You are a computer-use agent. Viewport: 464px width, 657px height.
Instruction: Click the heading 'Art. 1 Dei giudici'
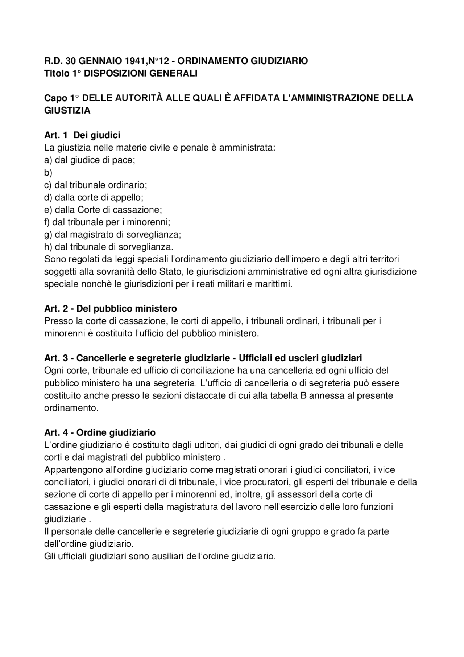coord(82,135)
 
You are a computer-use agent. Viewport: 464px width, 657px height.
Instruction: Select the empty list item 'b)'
coord(48,173)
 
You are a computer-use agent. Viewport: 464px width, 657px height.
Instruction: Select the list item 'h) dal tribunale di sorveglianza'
coord(109,247)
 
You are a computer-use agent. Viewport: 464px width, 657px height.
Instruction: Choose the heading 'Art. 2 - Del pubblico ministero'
coord(111,309)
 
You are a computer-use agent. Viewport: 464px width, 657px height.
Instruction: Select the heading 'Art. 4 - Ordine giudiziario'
coord(100,432)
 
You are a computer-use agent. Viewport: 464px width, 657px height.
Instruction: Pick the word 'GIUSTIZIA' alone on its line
coord(67,111)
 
